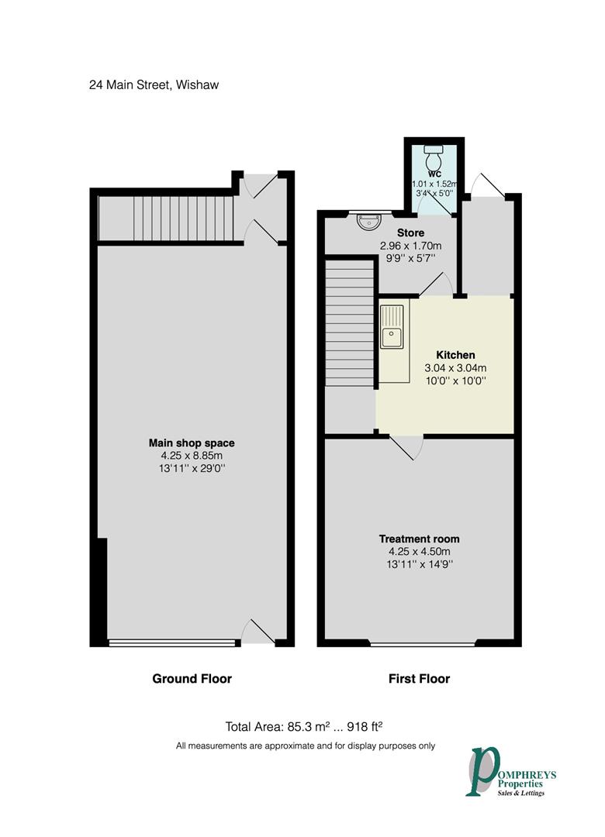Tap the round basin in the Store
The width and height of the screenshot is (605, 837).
[367, 222]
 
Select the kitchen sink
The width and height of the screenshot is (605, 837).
[391, 337]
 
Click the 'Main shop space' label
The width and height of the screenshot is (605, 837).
[192, 443]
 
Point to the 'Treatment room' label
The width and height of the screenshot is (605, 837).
[419, 539]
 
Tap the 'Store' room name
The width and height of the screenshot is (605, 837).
[410, 232]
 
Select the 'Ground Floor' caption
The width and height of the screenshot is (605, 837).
[192, 679]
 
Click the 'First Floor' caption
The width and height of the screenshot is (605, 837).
[419, 679]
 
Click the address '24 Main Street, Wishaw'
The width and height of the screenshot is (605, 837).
[154, 84]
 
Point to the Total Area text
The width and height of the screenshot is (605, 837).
[305, 727]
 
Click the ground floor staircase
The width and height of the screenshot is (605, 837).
[166, 219]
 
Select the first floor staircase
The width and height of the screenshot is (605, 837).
[349, 322]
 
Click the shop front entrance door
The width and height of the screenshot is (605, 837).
[258, 633]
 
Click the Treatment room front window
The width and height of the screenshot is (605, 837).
[423, 643]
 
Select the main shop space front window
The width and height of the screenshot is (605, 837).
[172, 642]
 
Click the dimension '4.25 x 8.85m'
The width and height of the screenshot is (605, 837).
[192, 456]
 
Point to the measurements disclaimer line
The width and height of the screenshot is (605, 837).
[305, 746]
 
